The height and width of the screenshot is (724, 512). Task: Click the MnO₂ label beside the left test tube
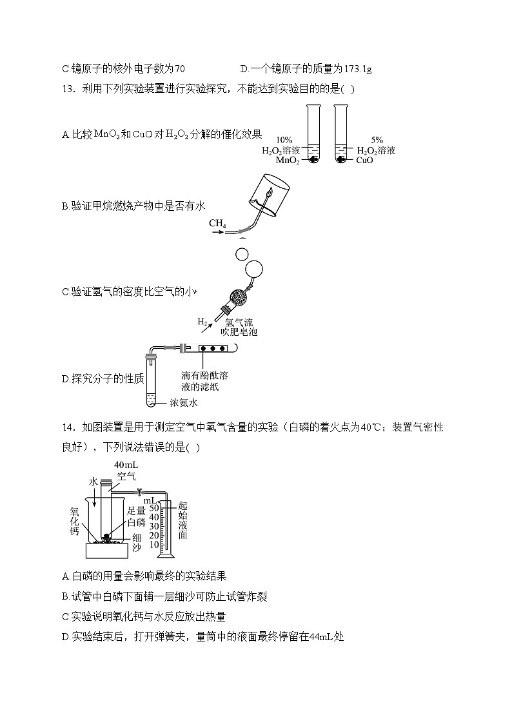pyautogui.click(x=288, y=161)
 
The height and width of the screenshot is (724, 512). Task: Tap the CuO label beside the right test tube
pyautogui.click(x=364, y=161)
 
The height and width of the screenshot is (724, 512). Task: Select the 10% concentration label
pyautogui.click(x=284, y=140)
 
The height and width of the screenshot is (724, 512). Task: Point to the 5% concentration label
pyautogui.click(x=377, y=140)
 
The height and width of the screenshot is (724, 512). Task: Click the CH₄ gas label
pyautogui.click(x=217, y=224)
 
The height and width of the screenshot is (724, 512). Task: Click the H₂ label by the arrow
pyautogui.click(x=202, y=321)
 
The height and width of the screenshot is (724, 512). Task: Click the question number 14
pyautogui.click(x=68, y=427)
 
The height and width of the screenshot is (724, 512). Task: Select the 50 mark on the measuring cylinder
pyautogui.click(x=154, y=507)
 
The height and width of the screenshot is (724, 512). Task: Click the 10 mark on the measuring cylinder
pyautogui.click(x=154, y=544)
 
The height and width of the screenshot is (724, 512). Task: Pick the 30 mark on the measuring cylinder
pyautogui.click(x=154, y=525)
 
